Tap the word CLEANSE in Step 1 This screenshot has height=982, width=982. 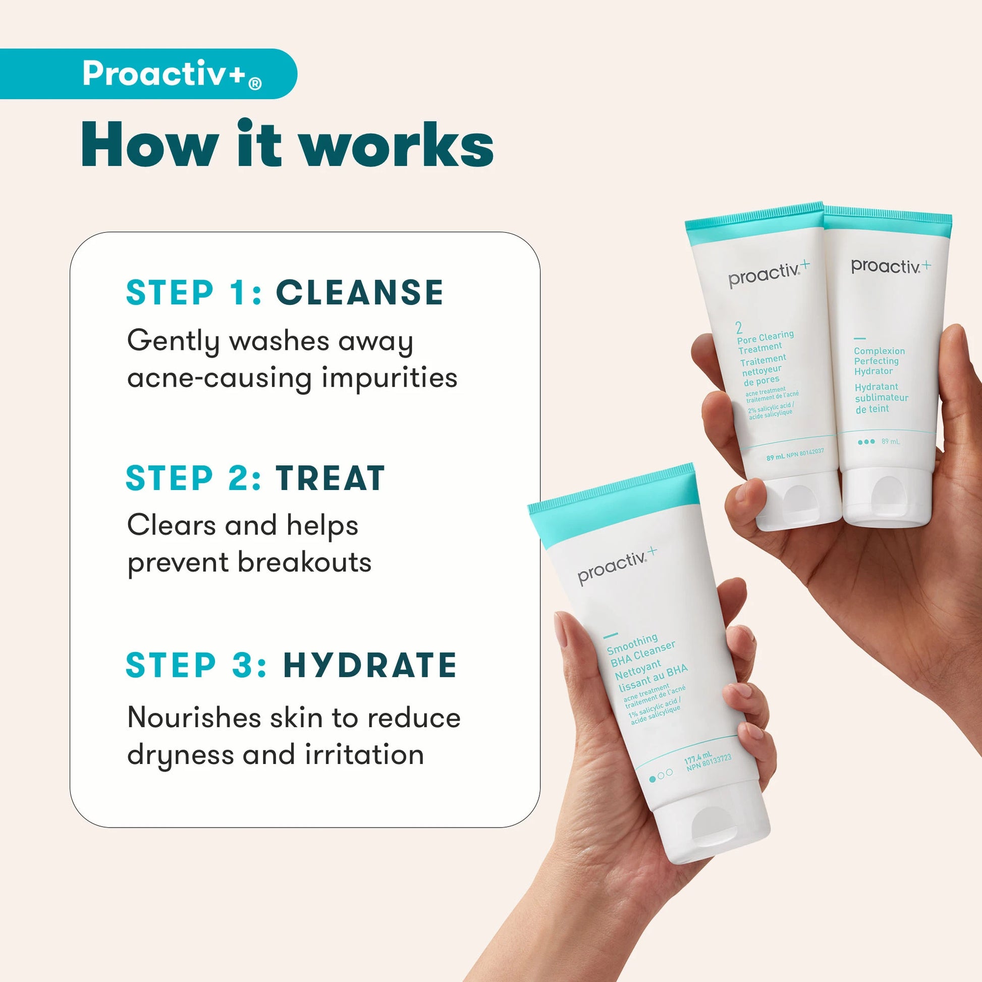tap(360, 292)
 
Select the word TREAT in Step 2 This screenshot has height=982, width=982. tap(331, 478)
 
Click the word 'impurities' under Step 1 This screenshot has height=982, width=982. tap(390, 378)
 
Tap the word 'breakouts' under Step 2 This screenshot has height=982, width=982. tap(304, 563)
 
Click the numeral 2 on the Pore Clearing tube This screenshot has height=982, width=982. tap(739, 328)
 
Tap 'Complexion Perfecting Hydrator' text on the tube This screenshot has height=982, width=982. tap(879, 361)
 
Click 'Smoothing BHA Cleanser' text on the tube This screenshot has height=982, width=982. tap(640, 650)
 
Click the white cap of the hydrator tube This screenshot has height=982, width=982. tap(887, 496)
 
